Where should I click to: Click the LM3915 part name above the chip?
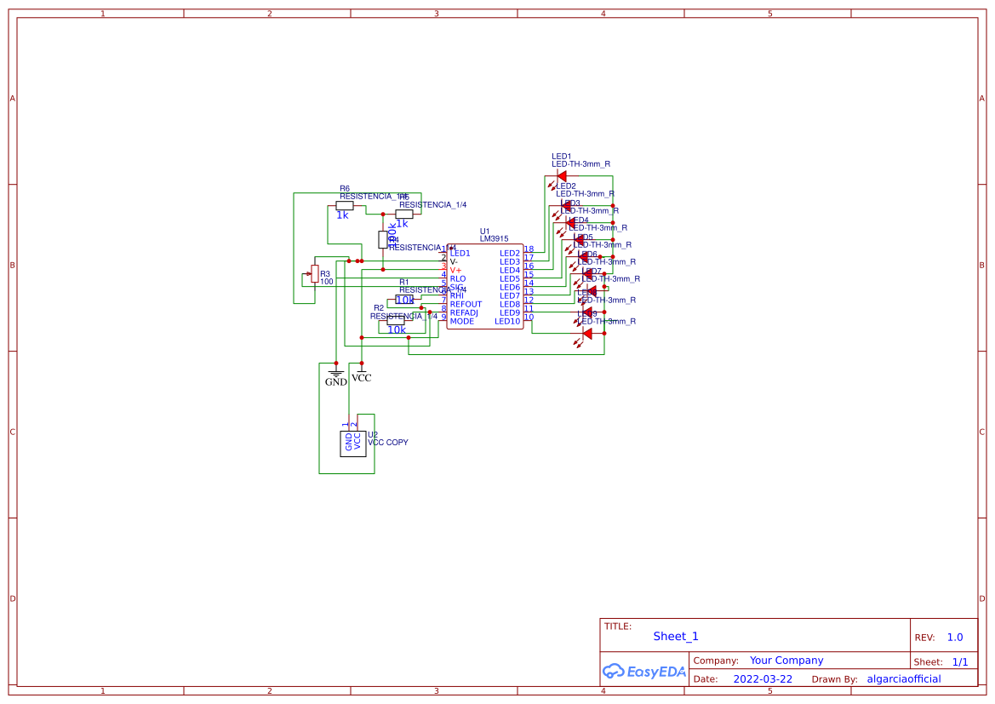pos(495,239)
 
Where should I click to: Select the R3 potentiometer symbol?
pos(315,273)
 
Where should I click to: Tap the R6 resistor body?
pos(345,205)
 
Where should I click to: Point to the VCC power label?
pos(362,377)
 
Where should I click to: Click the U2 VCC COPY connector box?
pos(352,443)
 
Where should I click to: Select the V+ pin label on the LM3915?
pos(455,270)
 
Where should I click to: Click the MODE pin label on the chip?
pos(462,321)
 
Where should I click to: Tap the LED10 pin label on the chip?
pos(507,321)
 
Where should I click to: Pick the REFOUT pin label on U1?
pos(466,304)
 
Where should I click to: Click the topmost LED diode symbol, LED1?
pos(561,176)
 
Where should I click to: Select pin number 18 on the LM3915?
pos(529,249)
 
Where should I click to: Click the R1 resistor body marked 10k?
pos(404,300)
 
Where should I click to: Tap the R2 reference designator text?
pos(379,307)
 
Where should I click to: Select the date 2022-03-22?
pos(763,679)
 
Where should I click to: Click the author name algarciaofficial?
pos(903,679)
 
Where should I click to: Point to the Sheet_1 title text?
pos(676,636)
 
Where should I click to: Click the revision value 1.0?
pos(955,637)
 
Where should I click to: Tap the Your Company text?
pos(786,661)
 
